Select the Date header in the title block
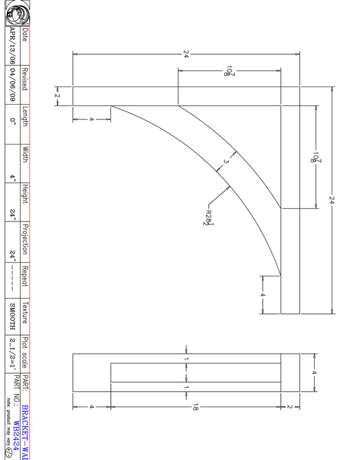click(25, 35)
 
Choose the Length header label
click(25, 117)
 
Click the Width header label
click(25, 155)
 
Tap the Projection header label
click(25, 238)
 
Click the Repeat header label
click(25, 276)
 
